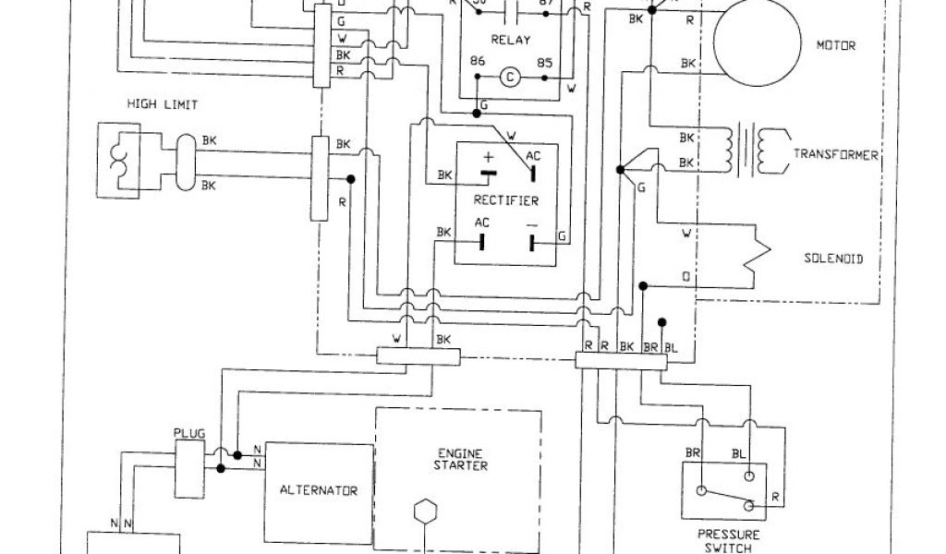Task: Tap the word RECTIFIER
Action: click(x=506, y=200)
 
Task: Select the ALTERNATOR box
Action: click(x=320, y=490)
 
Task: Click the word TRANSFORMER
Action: click(x=836, y=155)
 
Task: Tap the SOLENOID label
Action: click(x=832, y=259)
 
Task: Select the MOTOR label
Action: click(x=837, y=43)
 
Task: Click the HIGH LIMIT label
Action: click(x=162, y=104)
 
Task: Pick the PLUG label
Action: click(x=188, y=433)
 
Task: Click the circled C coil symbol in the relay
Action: click(x=506, y=78)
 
